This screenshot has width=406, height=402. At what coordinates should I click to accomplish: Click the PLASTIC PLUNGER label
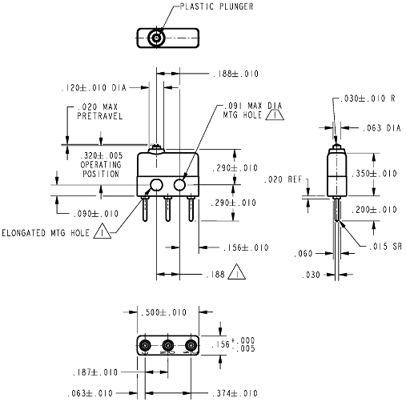click(x=216, y=6)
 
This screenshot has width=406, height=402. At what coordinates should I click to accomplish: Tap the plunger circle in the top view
click(x=156, y=38)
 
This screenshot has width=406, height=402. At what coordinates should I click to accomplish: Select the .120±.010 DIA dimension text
click(x=94, y=88)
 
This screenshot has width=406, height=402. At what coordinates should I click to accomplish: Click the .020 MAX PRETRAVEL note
click(x=99, y=111)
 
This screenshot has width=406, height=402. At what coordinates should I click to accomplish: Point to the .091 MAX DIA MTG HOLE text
click(x=252, y=111)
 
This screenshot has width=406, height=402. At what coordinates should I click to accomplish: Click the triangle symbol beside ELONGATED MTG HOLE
click(x=103, y=231)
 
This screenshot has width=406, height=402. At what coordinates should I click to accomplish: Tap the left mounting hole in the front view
click(x=156, y=185)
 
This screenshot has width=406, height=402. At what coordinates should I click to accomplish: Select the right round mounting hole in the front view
click(x=179, y=185)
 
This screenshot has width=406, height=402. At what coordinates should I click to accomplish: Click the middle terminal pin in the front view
click(x=167, y=209)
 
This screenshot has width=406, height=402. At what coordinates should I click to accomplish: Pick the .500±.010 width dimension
click(x=163, y=312)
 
